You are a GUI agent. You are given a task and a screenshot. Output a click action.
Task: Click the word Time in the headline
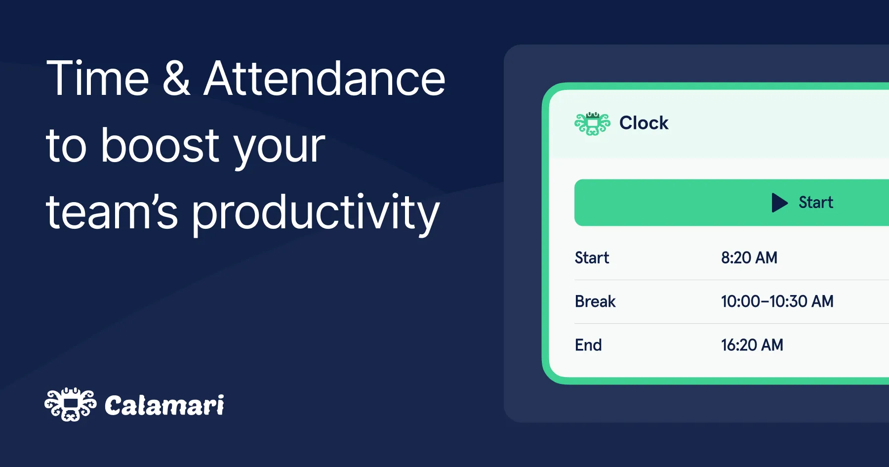(97, 79)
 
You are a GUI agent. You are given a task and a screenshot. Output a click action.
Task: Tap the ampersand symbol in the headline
(176, 79)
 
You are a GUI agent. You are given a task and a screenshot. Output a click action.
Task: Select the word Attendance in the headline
(324, 79)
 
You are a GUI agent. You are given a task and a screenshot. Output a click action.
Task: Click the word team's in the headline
(112, 212)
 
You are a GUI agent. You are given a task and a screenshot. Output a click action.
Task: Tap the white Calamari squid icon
(71, 404)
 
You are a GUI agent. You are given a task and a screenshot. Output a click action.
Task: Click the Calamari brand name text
(164, 406)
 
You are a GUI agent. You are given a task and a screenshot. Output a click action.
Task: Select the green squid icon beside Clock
(592, 123)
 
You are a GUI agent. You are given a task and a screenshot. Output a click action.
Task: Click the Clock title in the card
(644, 123)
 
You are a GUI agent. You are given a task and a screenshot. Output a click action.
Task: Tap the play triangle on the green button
(779, 203)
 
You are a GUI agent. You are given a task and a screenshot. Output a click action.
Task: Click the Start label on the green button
(816, 203)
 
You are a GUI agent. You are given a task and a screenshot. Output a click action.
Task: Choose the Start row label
(592, 258)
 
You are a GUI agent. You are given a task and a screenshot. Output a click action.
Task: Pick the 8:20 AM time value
(749, 258)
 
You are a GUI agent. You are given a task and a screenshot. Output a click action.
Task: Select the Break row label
(595, 301)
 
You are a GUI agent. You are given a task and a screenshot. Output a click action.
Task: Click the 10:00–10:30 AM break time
(777, 301)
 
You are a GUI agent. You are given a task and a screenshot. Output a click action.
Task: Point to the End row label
(588, 345)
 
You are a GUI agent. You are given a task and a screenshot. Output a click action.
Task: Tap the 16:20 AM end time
(752, 345)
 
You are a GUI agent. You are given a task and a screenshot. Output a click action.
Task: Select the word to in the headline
(66, 147)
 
